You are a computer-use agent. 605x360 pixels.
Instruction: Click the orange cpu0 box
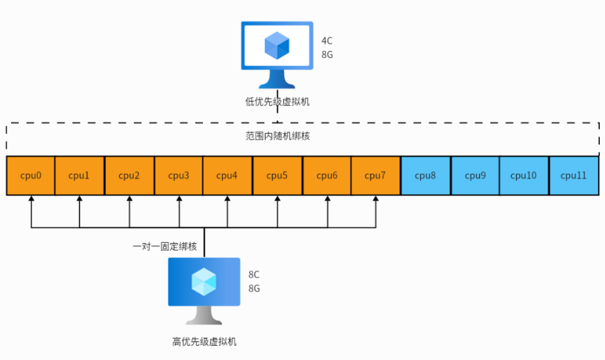point(31,175)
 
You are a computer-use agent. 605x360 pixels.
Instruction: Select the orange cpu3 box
point(179,175)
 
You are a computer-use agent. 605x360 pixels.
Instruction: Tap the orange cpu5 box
point(277,175)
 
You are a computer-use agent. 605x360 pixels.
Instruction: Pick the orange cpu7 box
point(375,175)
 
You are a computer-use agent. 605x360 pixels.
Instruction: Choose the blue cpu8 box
point(425,175)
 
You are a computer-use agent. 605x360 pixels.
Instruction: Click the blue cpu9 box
point(474,175)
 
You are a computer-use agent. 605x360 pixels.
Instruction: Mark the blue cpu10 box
point(523,175)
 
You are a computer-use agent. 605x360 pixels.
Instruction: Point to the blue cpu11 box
point(574,175)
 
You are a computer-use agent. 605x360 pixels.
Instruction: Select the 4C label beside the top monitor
point(327,41)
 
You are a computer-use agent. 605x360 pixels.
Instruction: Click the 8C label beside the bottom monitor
point(255,274)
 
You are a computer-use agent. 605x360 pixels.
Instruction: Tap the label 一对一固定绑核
point(164,247)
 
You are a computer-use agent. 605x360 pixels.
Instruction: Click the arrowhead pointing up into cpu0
point(31,200)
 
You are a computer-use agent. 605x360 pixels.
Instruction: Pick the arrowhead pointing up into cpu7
point(376,200)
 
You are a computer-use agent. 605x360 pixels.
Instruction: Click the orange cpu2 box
point(129,175)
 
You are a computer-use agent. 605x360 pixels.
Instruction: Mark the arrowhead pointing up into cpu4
point(227,200)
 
